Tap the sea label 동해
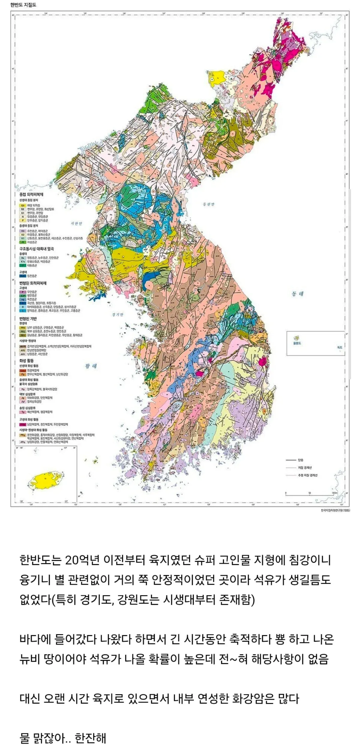297,294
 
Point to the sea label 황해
91,366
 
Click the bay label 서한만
76,224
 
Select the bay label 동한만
208,204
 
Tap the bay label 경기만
118,315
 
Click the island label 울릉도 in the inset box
297,343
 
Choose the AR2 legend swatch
22,350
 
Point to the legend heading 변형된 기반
28,319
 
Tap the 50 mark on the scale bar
309,493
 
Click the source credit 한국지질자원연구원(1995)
335,510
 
